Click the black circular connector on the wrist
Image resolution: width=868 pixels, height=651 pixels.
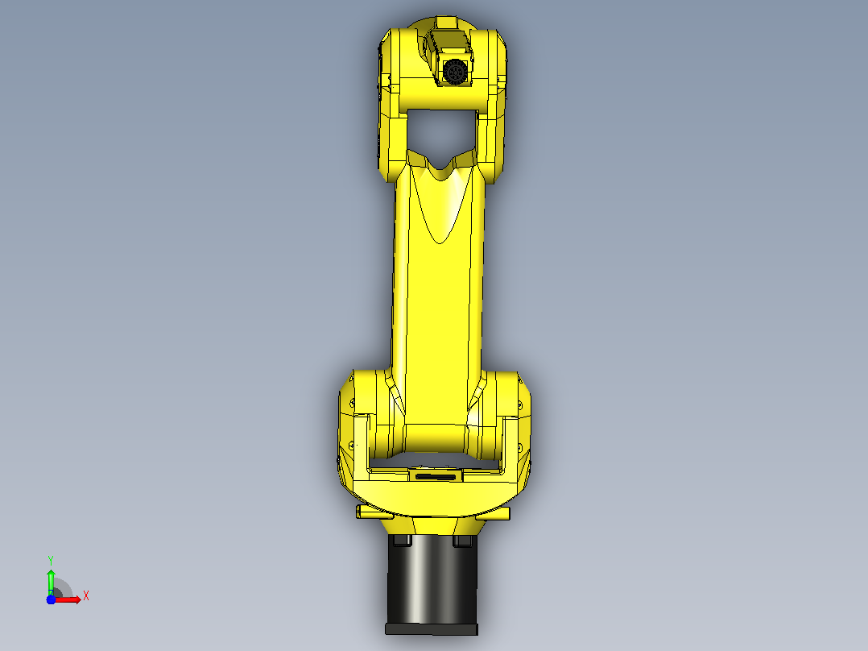[454, 72]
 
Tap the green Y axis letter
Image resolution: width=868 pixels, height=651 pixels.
[51, 562]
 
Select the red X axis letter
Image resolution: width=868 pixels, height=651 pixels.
[86, 596]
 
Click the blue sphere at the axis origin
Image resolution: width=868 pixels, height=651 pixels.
[51, 599]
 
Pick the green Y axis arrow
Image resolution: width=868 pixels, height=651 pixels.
[51, 583]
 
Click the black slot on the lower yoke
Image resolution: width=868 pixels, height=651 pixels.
[436, 476]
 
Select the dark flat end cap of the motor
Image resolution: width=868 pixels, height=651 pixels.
[432, 629]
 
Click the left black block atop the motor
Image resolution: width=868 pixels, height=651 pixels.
[401, 540]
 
